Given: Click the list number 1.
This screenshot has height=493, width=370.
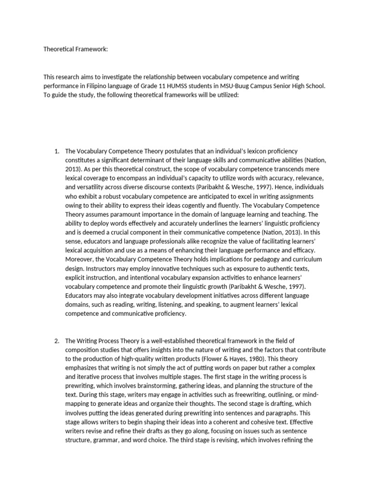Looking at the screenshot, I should click(x=56, y=152).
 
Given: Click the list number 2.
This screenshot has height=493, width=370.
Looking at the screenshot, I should click(x=56, y=341).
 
